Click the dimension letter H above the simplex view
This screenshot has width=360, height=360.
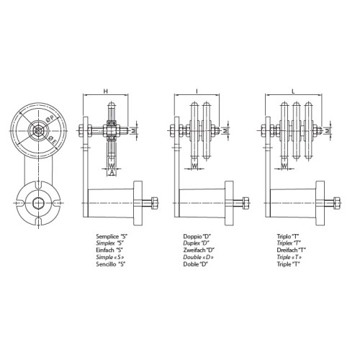106,91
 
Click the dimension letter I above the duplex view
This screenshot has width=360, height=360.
197,91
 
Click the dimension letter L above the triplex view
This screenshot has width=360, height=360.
293,91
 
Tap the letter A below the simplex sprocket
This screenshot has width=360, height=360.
112,172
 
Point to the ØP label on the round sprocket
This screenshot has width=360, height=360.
51,120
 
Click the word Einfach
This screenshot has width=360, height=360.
105,250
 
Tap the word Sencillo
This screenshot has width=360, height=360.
105,264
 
